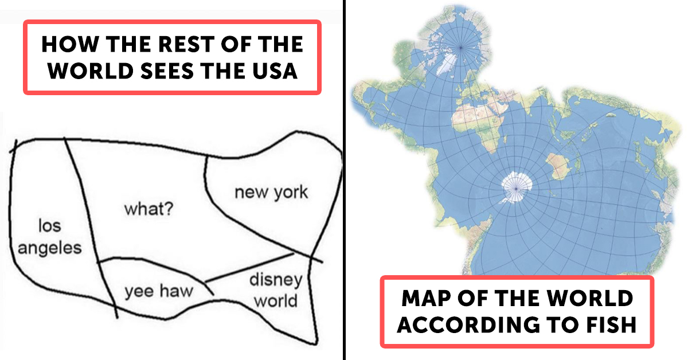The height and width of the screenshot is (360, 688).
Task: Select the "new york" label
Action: pos(271,192)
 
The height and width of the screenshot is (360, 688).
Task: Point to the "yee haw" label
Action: pos(159,292)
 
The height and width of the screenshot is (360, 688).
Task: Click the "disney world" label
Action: pos(276,290)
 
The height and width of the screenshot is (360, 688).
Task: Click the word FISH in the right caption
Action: pos(609,324)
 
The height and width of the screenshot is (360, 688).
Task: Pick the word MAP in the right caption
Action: pos(424,298)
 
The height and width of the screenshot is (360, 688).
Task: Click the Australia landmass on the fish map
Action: pos(557,167)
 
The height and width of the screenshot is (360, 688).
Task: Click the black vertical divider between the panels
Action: pos(345,180)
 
